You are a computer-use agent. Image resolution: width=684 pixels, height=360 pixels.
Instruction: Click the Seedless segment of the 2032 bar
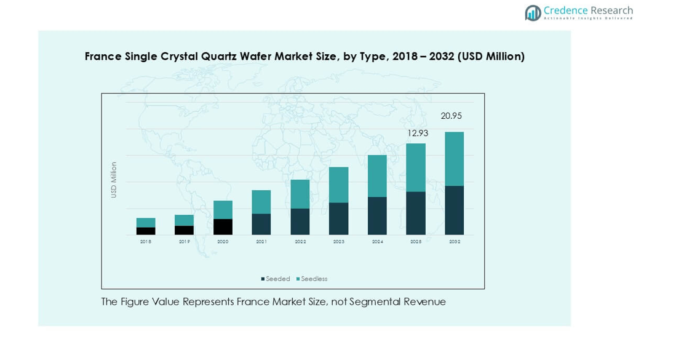pos(454,159)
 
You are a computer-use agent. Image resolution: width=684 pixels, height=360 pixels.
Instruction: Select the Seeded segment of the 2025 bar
pos(416,213)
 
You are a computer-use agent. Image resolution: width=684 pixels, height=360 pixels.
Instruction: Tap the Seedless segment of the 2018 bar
pos(146,223)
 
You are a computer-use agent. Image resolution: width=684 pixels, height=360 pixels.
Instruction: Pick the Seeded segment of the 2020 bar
pos(223,226)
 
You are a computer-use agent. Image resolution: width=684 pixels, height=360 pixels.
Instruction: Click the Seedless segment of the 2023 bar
pos(338,185)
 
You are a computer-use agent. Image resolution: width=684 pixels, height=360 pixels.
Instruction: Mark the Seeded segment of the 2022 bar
pos(300,222)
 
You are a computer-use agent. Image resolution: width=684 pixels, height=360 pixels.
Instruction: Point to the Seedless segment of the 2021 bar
pos(261,202)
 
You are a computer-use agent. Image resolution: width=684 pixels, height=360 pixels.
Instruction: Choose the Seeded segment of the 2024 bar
pos(377,215)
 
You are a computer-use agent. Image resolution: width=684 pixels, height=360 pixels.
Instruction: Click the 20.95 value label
pos(451,116)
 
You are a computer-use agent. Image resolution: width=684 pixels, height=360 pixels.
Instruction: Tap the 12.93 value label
pos(418,133)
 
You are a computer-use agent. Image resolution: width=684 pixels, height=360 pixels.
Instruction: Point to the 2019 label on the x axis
pos(185,242)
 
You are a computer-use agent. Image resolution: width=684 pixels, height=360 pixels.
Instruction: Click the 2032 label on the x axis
pos(455,242)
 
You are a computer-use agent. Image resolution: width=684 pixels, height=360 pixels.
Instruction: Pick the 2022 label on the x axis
pos(300,242)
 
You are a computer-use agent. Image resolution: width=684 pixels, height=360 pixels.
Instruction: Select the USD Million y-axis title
pos(114,180)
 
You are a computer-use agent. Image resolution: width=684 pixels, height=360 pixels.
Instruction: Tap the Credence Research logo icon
pos(533,13)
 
